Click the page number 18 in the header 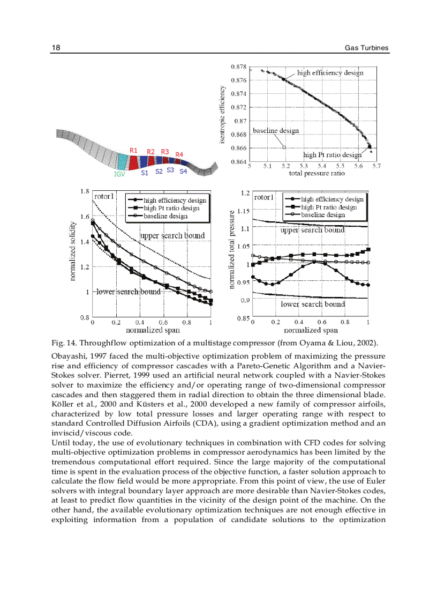pos(55,48)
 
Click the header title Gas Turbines pos(366,48)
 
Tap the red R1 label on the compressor pos(134,151)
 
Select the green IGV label pos(119,174)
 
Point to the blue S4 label pos(183,172)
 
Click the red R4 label pos(179,155)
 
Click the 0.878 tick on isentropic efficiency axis pos(238,67)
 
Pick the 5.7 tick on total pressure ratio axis pos(376,166)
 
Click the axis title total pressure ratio pos(317,173)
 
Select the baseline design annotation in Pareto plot pos(275,130)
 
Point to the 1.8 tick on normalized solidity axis pos(84,191)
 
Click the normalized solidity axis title pos(72,252)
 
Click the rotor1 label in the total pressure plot pos(264,197)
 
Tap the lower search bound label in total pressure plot pos(313,304)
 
